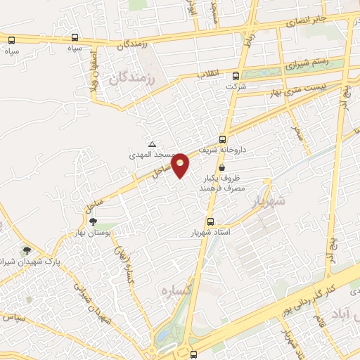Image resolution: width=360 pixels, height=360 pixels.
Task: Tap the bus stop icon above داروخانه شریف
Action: tap(223, 139)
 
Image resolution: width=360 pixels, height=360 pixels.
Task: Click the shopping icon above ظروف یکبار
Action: tap(222, 168)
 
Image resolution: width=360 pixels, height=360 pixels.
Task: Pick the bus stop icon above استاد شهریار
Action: tap(210, 221)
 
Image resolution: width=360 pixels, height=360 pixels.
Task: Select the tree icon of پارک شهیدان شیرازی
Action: tap(27, 250)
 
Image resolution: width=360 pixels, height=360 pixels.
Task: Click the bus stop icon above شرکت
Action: tap(236, 76)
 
